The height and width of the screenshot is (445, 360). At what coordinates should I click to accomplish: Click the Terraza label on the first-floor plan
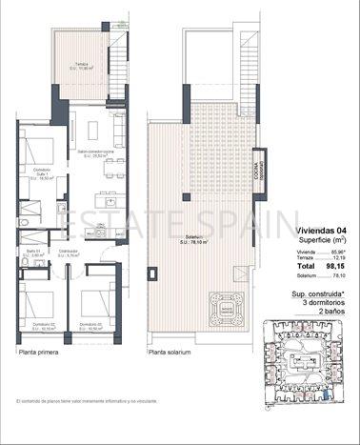83,67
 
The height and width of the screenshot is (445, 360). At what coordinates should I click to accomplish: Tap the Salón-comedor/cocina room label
96,153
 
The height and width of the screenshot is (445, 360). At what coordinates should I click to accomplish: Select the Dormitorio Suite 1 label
40,174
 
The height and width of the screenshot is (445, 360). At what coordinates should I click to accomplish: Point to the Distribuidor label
67,253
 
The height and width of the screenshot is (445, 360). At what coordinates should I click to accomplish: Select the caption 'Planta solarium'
170,352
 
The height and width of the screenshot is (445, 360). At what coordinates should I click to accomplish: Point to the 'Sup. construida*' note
318,295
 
